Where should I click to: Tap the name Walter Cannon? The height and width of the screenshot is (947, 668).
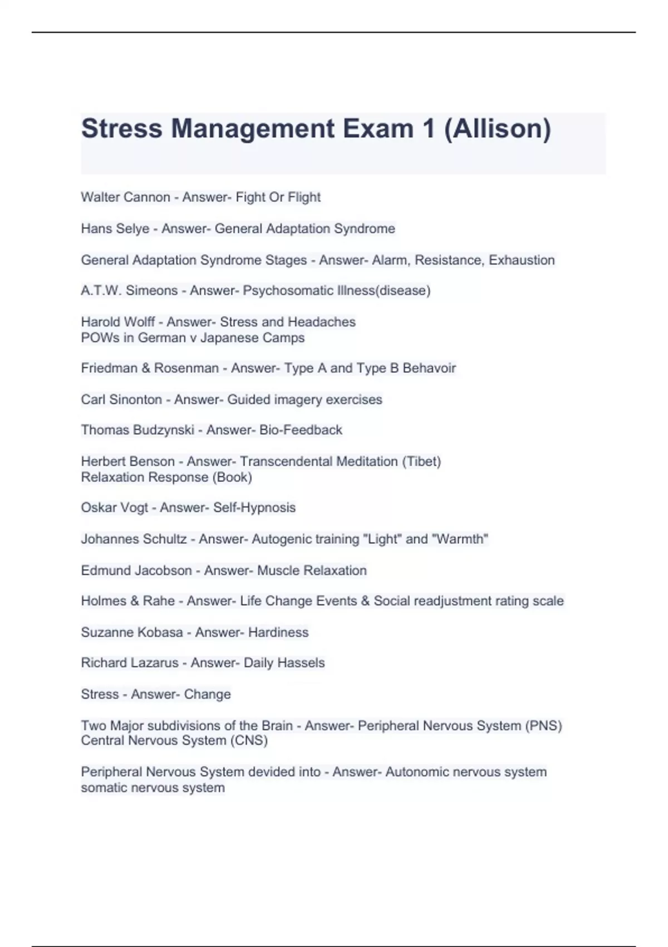(125, 197)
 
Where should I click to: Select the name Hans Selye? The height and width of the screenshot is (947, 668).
(115, 228)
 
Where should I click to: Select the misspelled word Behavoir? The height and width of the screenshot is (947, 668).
(429, 368)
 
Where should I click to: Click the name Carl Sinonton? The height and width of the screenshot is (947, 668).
(121, 399)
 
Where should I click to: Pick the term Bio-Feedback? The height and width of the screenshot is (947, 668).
(301, 430)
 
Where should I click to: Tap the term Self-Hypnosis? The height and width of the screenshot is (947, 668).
(254, 507)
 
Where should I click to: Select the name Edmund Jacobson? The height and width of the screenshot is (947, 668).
(136, 570)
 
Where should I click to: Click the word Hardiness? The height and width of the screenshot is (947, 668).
(278, 632)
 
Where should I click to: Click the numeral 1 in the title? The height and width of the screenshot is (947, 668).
(428, 129)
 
